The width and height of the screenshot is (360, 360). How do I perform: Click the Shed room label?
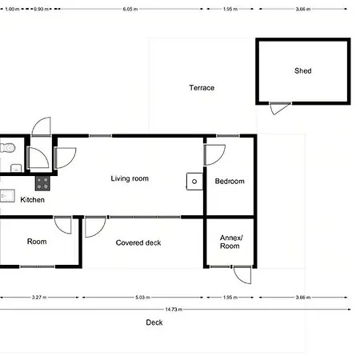pos(302,71)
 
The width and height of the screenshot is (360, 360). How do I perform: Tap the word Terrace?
pos(202,88)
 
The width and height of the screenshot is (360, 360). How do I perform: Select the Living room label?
pos(130,178)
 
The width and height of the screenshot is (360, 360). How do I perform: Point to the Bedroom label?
pos(230,182)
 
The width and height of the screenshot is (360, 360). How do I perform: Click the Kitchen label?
pos(32,200)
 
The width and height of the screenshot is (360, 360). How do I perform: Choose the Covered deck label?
pos(138,242)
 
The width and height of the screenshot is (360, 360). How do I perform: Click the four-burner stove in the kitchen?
pos(42,183)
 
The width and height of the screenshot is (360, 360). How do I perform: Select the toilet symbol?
pos(7,147)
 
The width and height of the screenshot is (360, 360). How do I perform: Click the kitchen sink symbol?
pos(7,196)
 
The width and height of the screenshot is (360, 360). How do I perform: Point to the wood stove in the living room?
pos(194,182)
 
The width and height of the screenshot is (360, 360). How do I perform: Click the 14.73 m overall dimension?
pos(174,310)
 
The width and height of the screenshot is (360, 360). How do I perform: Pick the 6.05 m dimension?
pos(130,9)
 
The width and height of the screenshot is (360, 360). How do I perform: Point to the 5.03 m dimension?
pos(142,297)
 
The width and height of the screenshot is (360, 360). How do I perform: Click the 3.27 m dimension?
pos(39,297)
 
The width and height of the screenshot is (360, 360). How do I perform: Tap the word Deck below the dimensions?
pos(154,322)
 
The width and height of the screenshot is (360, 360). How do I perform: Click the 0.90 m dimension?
pos(41,9)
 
